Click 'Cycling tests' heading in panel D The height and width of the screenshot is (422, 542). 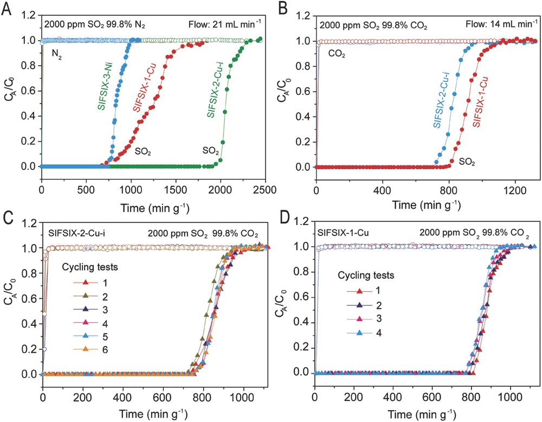371,275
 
